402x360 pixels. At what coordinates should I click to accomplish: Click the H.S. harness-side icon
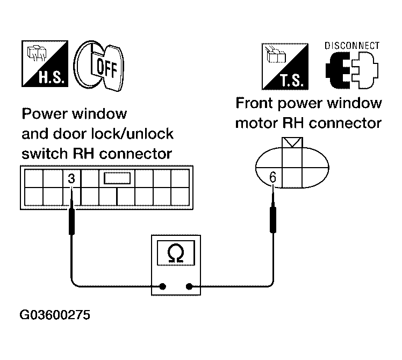pyautogui.click(x=45, y=63)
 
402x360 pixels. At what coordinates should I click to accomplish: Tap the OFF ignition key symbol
pyautogui.click(x=99, y=66)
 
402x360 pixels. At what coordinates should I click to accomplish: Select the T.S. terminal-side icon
pyautogui.click(x=285, y=67)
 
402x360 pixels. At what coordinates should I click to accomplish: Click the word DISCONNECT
pyautogui.click(x=351, y=46)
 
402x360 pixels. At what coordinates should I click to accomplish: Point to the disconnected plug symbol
pyautogui.click(x=351, y=70)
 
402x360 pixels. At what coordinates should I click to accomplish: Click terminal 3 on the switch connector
pyautogui.click(x=71, y=178)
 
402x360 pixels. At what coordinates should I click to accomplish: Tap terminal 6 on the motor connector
pyautogui.click(x=273, y=177)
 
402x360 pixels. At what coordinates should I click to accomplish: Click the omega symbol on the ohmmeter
pyautogui.click(x=176, y=253)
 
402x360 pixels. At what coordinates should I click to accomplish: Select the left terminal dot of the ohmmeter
pyautogui.click(x=162, y=286)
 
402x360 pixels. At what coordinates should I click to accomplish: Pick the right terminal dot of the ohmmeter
pyautogui.click(x=189, y=286)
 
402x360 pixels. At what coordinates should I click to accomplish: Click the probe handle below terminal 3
pyautogui.click(x=72, y=221)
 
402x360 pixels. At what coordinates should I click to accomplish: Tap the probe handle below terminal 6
pyautogui.click(x=273, y=219)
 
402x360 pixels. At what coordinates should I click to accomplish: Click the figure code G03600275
pyautogui.click(x=55, y=315)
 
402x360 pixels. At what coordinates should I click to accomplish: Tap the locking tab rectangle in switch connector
pyautogui.click(x=117, y=178)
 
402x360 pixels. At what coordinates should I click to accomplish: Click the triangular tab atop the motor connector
pyautogui.click(x=292, y=142)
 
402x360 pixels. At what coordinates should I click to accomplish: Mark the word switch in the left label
pyautogui.click(x=45, y=154)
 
